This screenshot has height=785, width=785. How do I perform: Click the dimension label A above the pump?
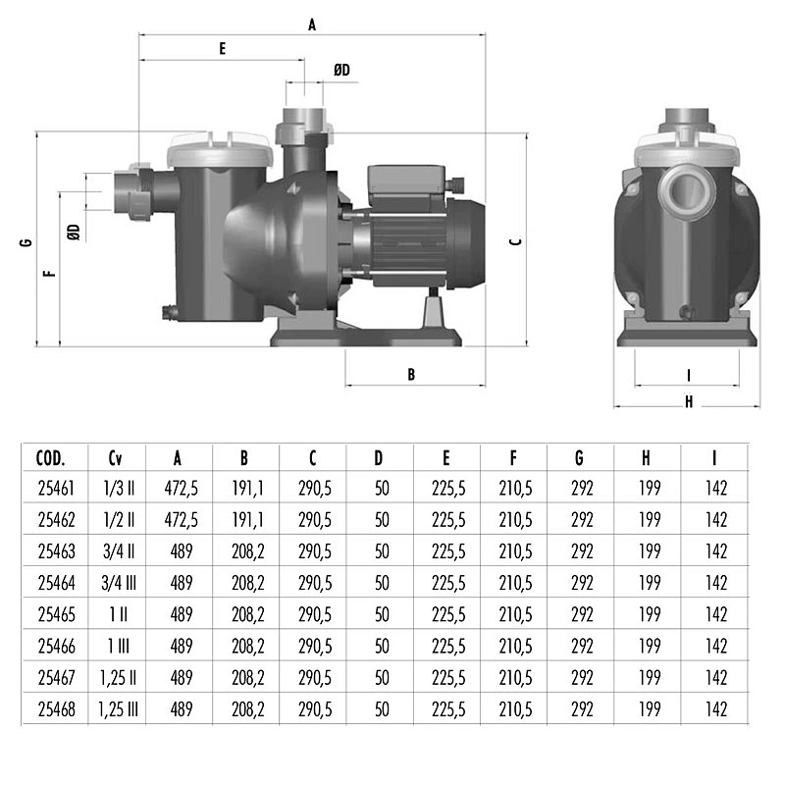tap(312, 26)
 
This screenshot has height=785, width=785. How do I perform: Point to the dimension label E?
tap(223, 48)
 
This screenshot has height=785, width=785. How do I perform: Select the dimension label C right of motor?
tap(515, 239)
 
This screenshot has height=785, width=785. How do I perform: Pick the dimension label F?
tap(50, 274)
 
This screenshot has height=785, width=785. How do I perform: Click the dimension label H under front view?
tap(688, 400)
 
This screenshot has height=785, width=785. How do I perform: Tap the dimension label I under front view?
tap(688, 374)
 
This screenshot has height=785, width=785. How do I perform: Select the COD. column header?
tap(50, 457)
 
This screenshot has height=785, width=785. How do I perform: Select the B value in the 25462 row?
tap(244, 519)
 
